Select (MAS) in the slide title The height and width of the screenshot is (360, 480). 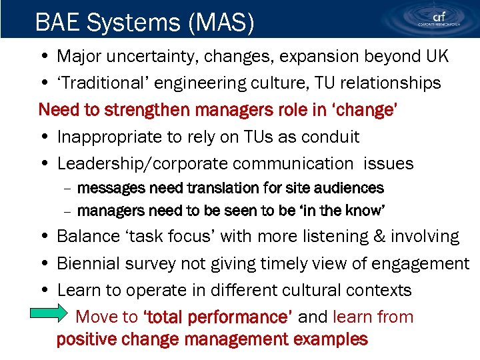[222, 23]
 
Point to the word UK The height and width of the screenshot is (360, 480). [437, 57]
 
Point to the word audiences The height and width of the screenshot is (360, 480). [349, 188]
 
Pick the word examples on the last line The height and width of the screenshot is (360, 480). [330, 339]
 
